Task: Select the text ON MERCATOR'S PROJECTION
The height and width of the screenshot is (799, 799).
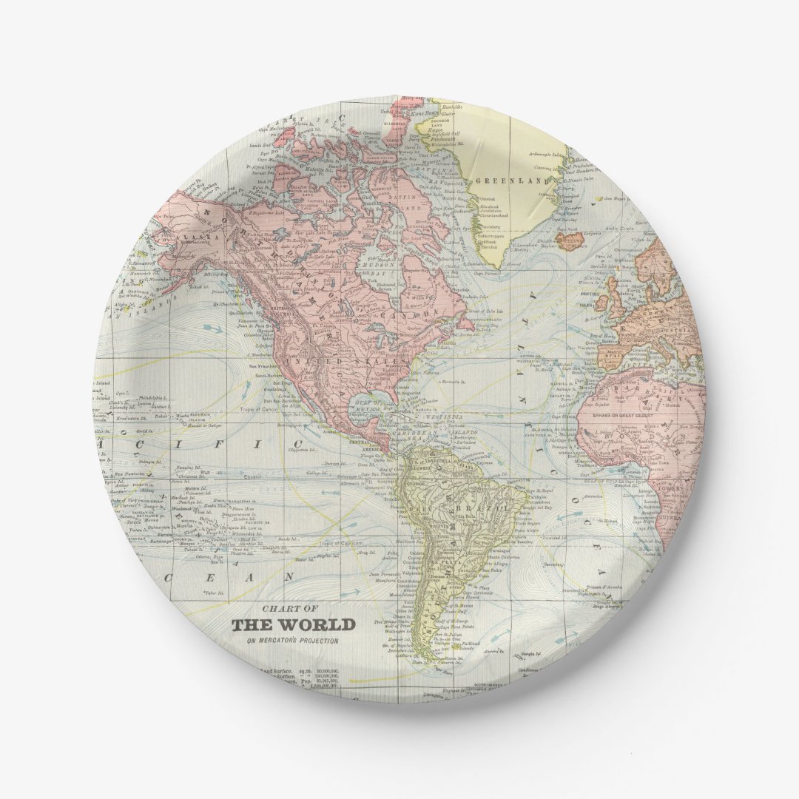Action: click(x=292, y=641)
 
